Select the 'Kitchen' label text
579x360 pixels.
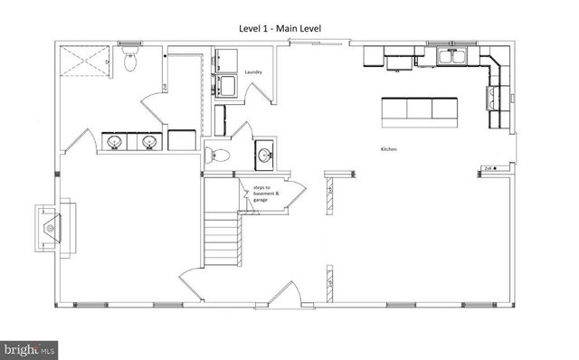(x=389, y=148)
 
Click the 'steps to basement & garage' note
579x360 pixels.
(x=266, y=194)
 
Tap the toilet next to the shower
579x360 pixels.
(x=129, y=61)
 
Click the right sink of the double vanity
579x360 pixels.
(x=148, y=142)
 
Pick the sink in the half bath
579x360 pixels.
(x=263, y=154)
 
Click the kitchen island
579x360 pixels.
(x=418, y=109)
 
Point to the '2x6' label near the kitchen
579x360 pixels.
(x=489, y=168)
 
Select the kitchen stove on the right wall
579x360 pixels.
(x=496, y=93)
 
